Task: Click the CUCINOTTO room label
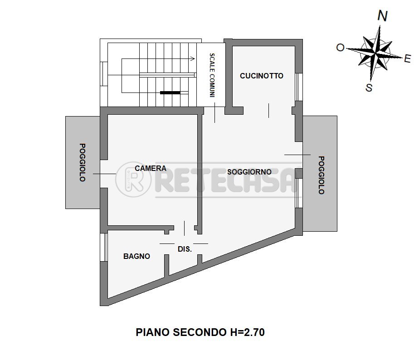point(261,76)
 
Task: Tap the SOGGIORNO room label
point(249,172)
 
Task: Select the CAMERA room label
point(151,168)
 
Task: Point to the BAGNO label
point(136,256)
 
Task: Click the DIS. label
point(184,249)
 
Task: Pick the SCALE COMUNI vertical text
point(212,75)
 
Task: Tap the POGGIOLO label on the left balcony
point(83,162)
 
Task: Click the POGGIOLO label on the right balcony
point(321,175)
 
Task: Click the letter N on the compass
point(382,16)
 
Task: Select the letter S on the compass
point(369,88)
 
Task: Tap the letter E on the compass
point(407,58)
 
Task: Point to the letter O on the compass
point(340,47)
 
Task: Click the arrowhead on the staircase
point(193,58)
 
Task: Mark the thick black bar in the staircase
point(170,92)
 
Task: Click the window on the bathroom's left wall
point(104,247)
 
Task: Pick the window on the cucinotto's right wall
point(298,87)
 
